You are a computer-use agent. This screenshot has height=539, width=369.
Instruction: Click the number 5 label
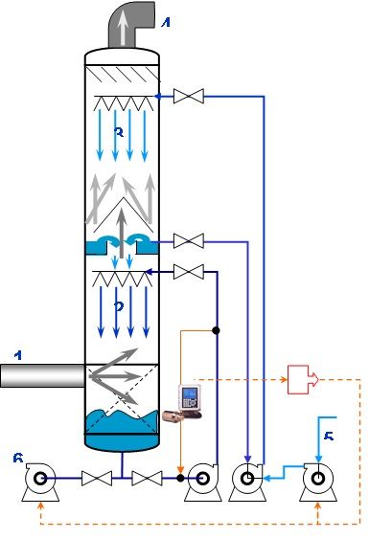tap(329, 437)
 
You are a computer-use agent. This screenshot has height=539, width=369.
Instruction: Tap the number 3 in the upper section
tap(119, 133)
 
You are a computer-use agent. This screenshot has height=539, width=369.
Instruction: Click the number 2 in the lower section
tap(119, 307)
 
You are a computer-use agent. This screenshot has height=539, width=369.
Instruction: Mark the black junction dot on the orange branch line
tap(218, 330)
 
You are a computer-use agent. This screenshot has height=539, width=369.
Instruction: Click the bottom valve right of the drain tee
tap(147, 478)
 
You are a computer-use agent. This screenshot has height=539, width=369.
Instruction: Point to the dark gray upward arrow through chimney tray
tap(120, 230)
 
